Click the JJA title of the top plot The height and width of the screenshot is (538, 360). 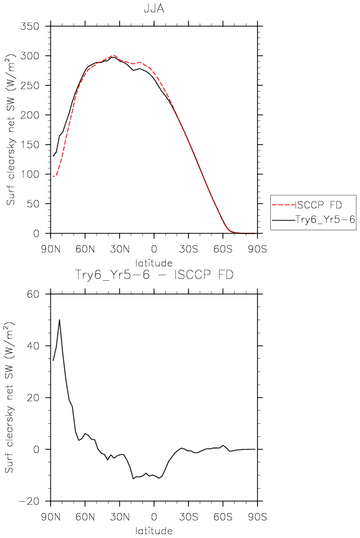154,8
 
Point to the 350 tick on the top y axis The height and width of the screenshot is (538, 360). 29,26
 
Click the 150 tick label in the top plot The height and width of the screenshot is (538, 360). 29,145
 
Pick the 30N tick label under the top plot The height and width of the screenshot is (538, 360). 120,249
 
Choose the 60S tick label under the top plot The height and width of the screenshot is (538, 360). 223,249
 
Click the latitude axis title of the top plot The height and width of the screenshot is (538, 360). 154,263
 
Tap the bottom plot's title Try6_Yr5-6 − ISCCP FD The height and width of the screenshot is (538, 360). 154,275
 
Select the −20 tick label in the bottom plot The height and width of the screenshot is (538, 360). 29,501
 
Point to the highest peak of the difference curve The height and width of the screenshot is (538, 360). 59,320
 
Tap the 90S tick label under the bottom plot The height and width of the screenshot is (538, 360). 257,517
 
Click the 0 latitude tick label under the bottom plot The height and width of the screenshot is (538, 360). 154,517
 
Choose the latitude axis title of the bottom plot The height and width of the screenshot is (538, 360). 154,531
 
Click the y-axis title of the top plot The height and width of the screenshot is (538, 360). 11,130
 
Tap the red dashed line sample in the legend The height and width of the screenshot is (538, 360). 283,205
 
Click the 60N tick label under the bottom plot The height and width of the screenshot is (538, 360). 85,517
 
